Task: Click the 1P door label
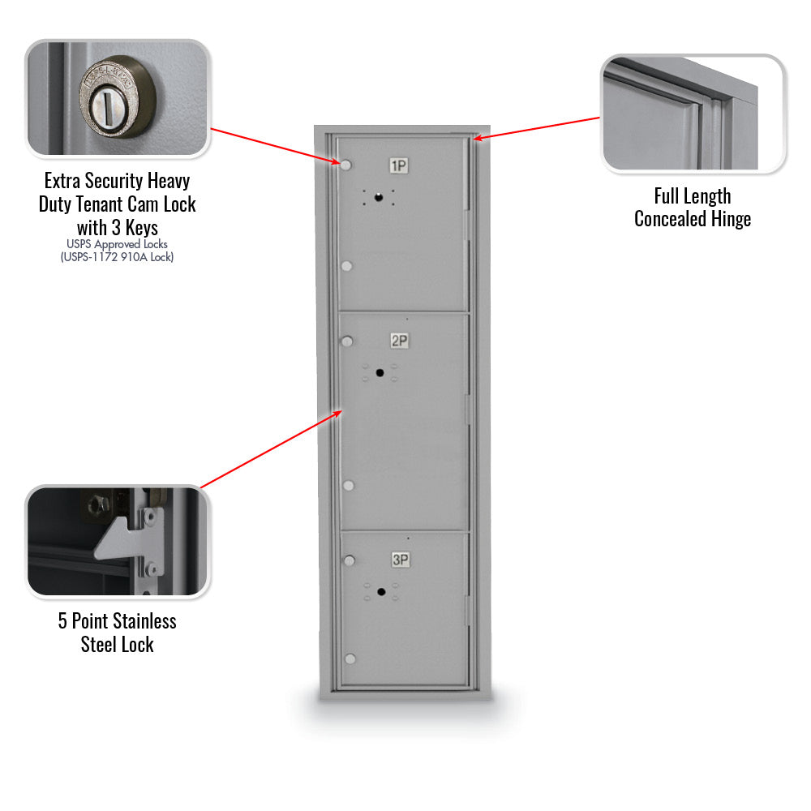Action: coord(398,166)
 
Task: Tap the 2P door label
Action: coord(399,341)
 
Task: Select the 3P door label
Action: coord(400,560)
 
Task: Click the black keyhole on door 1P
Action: coord(378,198)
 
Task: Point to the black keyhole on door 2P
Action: coord(380,372)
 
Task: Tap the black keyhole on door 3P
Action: coord(380,592)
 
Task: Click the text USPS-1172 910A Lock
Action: coord(117,257)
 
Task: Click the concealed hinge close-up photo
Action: coord(693,113)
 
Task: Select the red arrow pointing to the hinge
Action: coord(539,128)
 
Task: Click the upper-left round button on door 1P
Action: coord(346,165)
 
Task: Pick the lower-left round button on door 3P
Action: coord(350,658)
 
